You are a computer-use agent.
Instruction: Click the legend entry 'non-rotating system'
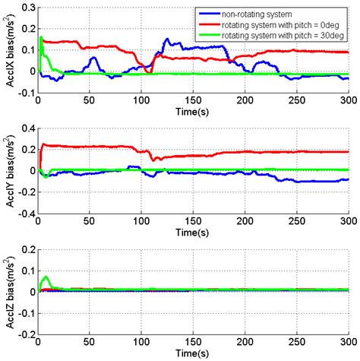(x=259, y=13)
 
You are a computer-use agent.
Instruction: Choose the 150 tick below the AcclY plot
(x=193, y=222)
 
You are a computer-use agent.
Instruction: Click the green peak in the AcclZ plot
(x=46, y=277)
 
